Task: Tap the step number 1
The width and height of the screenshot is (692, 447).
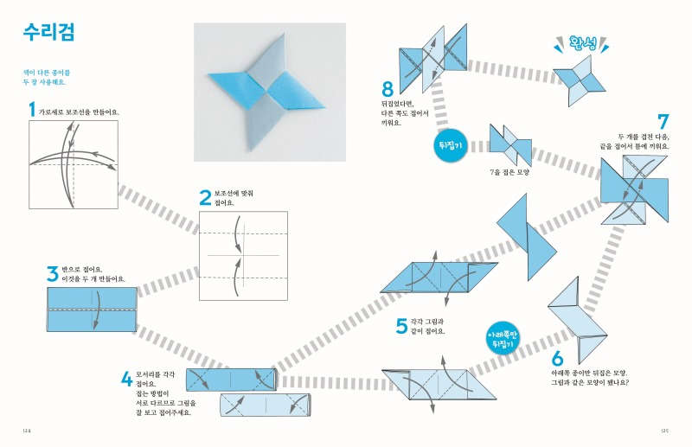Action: (32, 111)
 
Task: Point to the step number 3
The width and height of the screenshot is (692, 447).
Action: (53, 274)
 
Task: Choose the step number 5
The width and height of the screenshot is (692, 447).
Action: (401, 326)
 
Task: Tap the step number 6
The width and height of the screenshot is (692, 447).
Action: (557, 357)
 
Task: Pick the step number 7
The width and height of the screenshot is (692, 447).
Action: (663, 123)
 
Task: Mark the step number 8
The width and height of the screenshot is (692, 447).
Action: (388, 89)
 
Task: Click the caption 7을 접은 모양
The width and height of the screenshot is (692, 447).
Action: (510, 172)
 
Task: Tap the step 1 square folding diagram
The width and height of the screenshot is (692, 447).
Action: (73, 165)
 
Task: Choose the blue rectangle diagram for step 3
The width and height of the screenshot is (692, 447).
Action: (92, 309)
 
